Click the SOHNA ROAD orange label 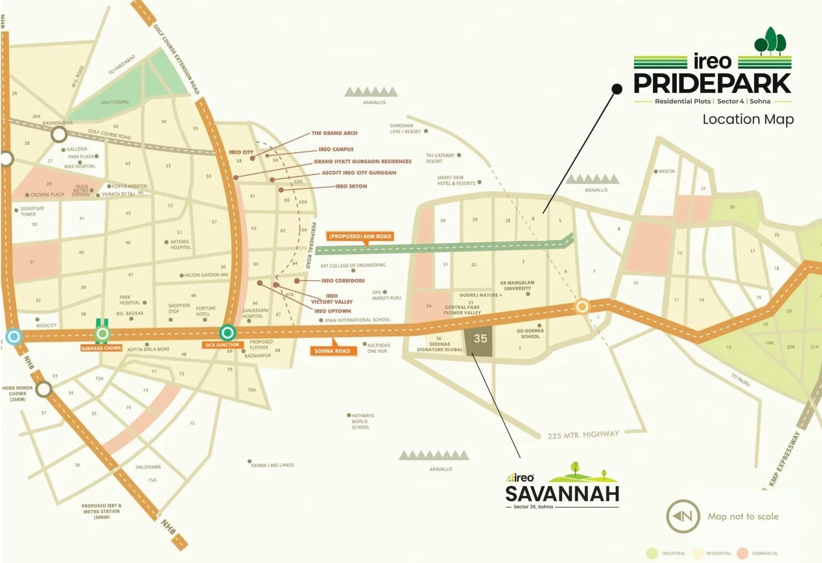coord(332,351)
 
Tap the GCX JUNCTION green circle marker coord(228,333)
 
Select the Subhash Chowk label coord(101,348)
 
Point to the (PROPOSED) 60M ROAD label coord(360,236)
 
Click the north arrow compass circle coord(683,516)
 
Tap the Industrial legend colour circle coord(652,553)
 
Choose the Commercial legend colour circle coord(742,553)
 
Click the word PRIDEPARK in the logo coord(712,83)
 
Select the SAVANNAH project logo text coord(562,494)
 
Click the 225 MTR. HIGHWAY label coord(583,435)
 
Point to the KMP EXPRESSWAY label coord(784,459)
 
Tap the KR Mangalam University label coord(517,286)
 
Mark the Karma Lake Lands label coord(272,465)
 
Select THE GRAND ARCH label coord(334,133)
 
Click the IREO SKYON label coord(351,186)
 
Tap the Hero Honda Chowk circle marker coord(44,389)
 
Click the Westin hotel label coord(666,172)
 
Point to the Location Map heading coord(748,119)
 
